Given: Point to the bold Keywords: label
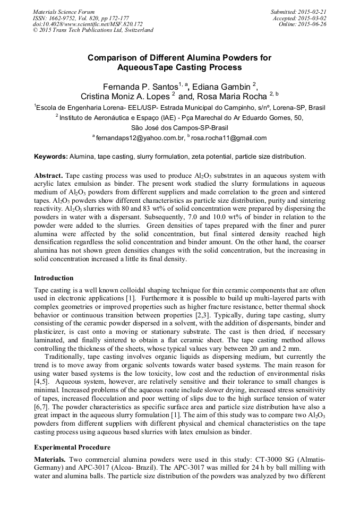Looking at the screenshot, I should (x=51, y=157).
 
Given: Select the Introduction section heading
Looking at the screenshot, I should (x=54, y=278).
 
